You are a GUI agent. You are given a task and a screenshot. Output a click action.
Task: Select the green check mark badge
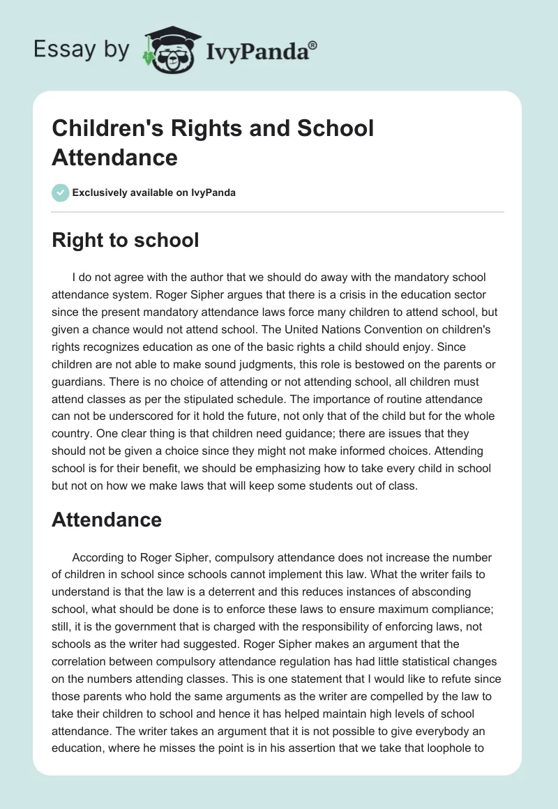[x=60, y=192]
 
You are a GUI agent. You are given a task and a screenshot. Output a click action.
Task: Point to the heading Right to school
[x=126, y=241]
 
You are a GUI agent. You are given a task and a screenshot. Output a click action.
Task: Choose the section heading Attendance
[x=107, y=520]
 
